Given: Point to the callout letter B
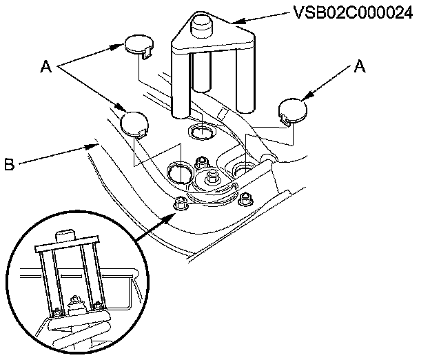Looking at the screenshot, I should [x=9, y=166].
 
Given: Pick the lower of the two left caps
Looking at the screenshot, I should [x=134, y=123].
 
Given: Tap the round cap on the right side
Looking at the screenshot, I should [x=293, y=110].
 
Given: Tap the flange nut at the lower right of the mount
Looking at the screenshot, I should [x=243, y=201].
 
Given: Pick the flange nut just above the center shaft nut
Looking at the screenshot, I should [x=202, y=163].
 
